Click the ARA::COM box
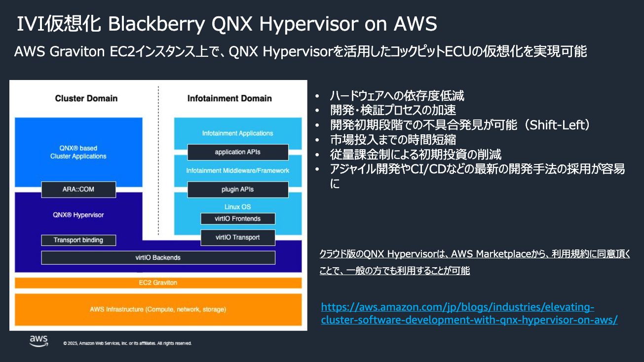tap(78, 190)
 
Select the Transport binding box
tap(78, 240)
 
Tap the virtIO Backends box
tap(158, 257)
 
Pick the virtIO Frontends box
tap(238, 218)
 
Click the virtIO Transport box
tap(238, 237)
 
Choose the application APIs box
tap(238, 152)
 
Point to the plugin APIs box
tap(238, 189)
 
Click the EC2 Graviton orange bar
tap(158, 282)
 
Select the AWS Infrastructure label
tap(158, 310)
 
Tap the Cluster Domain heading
tap(86, 98)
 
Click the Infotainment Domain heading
tap(229, 98)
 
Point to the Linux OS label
tap(238, 206)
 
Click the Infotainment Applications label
tap(238, 133)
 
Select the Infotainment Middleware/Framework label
tap(238, 170)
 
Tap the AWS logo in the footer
tap(38, 340)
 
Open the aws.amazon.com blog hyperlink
tap(469, 314)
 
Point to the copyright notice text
tap(127, 343)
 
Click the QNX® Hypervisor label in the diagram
tap(78, 215)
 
